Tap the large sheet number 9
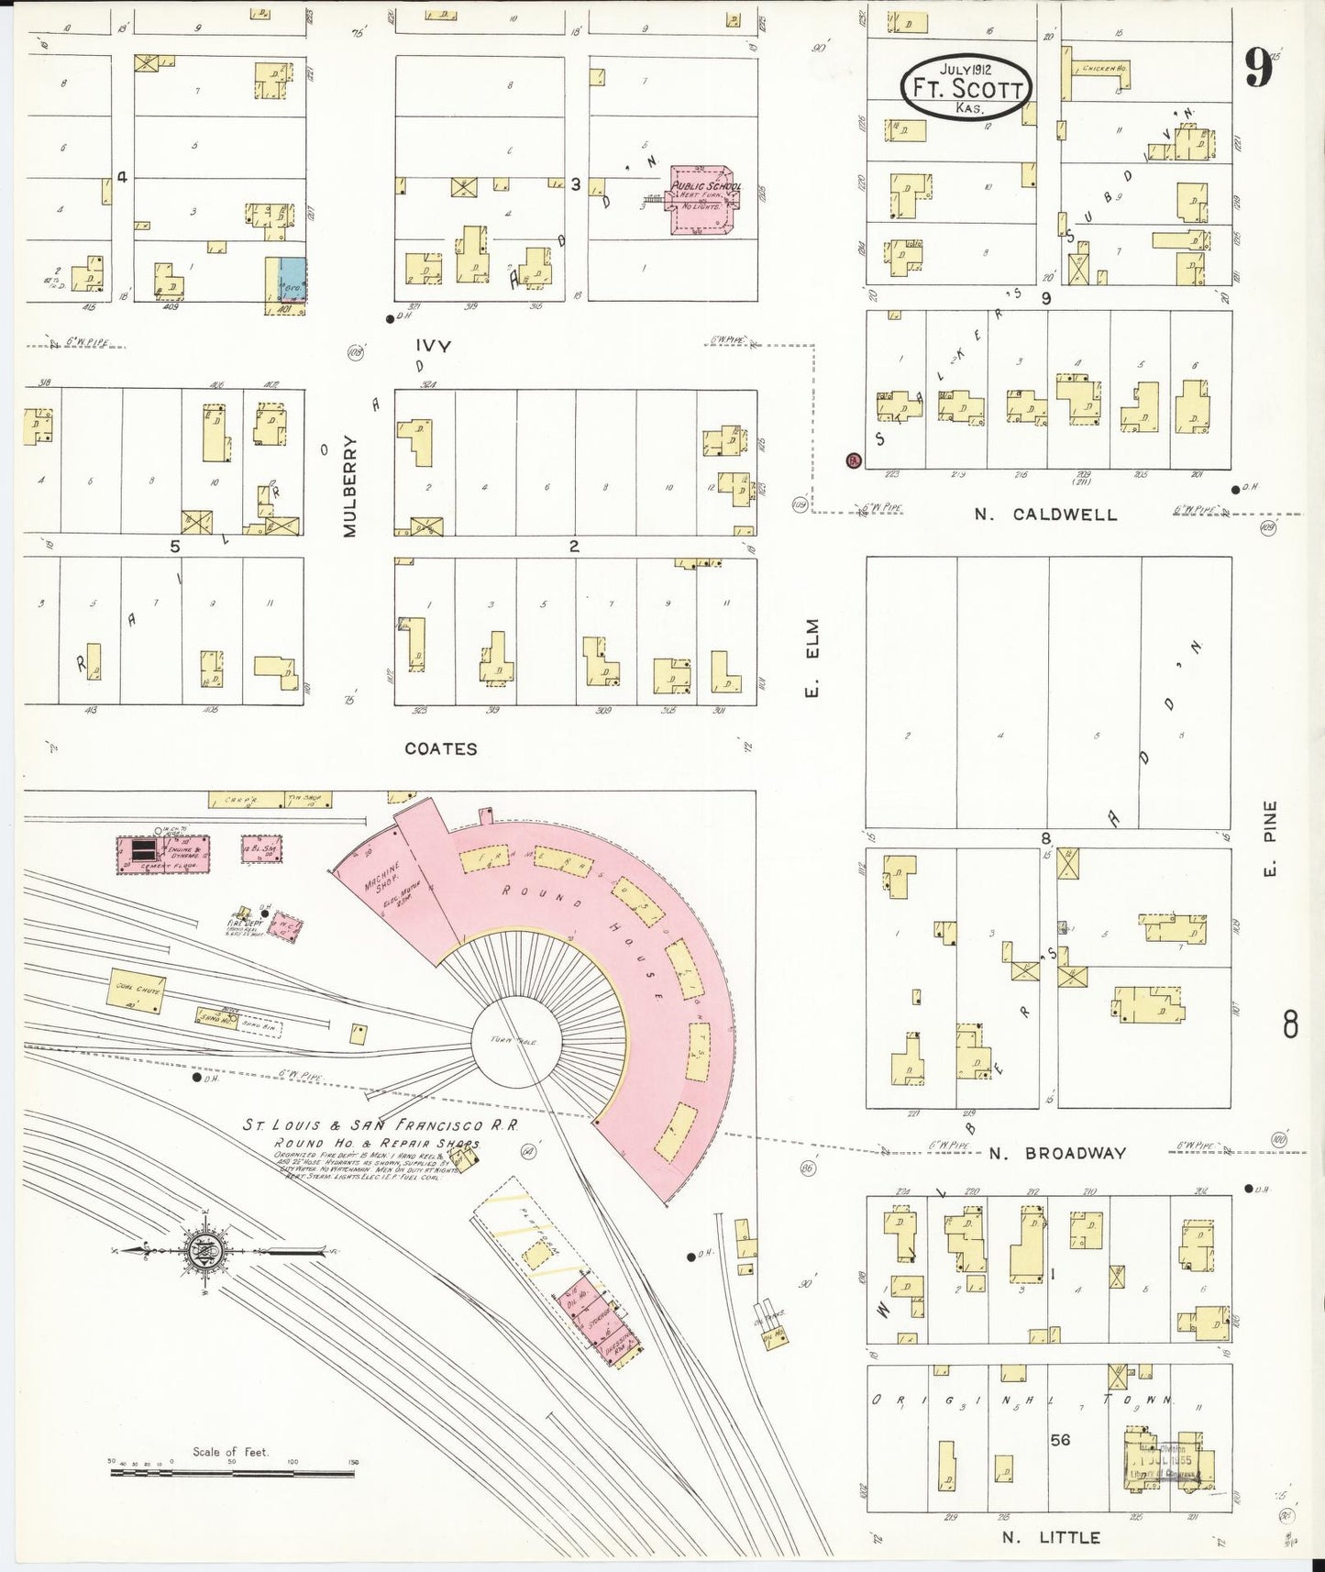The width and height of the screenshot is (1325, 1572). pos(1260,68)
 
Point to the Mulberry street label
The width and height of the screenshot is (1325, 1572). pos(349,485)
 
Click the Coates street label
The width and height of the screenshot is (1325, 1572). pos(441,748)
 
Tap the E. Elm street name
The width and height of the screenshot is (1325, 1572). pos(812,658)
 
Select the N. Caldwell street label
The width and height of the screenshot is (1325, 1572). pos(1045,515)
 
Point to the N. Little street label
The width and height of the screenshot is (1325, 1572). pos(1050,1537)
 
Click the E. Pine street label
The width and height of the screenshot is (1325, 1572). pos(1270,837)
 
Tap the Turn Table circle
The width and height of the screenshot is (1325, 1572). pos(513,1041)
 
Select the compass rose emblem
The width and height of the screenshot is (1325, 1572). pos(200,1251)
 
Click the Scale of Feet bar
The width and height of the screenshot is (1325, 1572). pos(232,1473)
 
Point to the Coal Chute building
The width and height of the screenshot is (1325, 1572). pos(138,991)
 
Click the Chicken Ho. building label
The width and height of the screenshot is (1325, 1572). pos(1103,69)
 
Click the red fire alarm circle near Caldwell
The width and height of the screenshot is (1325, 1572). pos(853,460)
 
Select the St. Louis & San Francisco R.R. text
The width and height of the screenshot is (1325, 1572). pos(380,1124)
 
